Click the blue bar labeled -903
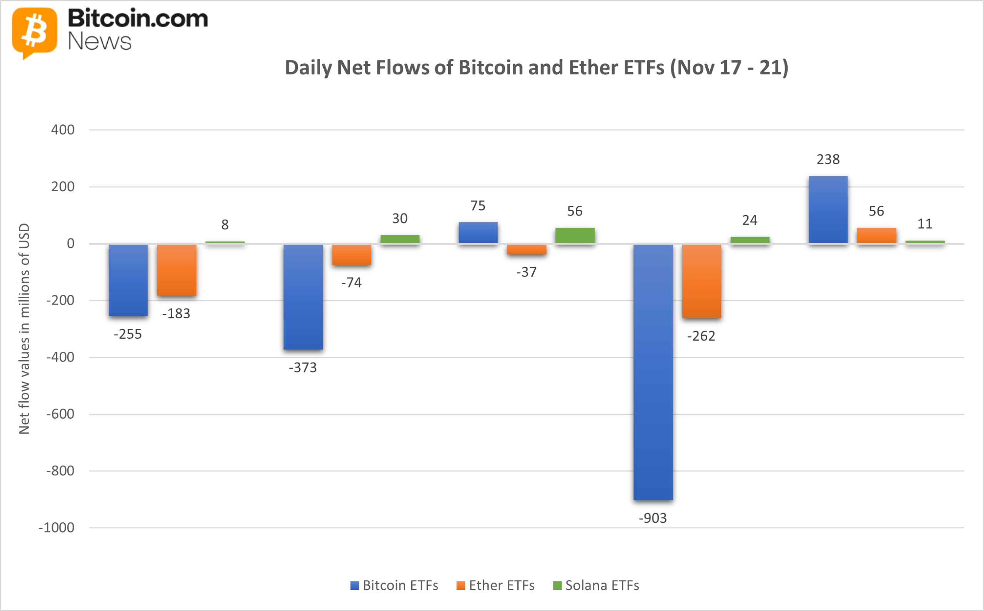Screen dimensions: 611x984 pos(653,372)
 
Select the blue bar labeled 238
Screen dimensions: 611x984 pos(828,209)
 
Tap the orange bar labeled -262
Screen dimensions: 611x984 pos(701,281)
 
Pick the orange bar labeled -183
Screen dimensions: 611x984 pos(176,270)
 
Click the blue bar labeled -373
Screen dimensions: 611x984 pos(303,296)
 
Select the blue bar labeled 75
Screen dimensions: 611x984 pos(478,232)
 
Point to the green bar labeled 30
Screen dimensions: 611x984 pos(400,239)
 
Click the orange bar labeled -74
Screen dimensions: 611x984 pos(351,255)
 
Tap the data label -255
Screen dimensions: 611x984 pos(127,334)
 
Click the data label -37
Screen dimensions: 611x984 pos(526,272)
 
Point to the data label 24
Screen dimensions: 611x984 pos(750,220)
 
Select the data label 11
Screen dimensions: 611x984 pos(924,224)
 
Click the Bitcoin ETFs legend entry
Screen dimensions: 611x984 pos(394,585)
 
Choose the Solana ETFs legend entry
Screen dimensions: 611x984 pos(596,585)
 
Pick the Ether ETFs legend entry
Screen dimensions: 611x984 pos(495,585)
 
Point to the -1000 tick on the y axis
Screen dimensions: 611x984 pos(56,528)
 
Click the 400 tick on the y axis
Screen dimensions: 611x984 pos(63,130)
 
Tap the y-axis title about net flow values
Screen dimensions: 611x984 pos(24,328)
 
